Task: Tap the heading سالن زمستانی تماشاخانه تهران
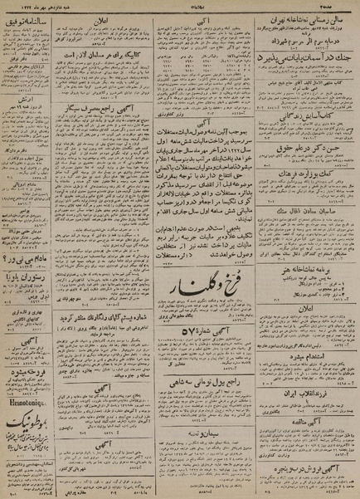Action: (306, 16)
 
